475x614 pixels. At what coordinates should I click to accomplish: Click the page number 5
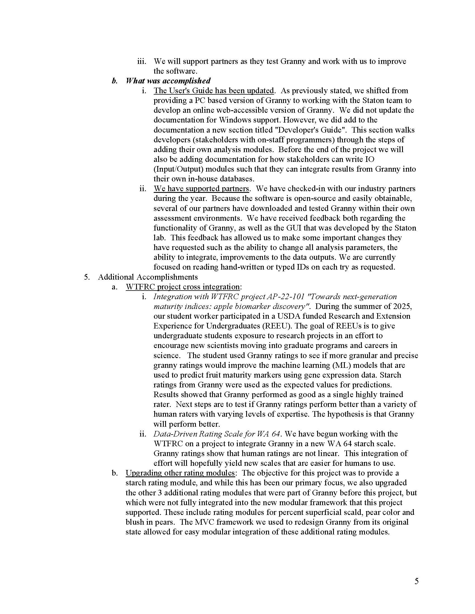click(x=417, y=581)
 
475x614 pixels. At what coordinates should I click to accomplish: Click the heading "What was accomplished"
click(x=168, y=81)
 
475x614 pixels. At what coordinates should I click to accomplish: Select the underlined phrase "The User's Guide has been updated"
click(x=213, y=90)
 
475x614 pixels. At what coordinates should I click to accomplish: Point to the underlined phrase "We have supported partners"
click(x=201, y=188)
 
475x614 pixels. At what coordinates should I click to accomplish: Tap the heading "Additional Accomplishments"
click(x=148, y=277)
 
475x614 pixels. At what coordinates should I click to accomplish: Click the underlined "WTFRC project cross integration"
click(x=183, y=287)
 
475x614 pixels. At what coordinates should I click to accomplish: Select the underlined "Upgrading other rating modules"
click(x=180, y=473)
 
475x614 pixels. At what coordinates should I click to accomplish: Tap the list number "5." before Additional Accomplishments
click(x=87, y=277)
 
